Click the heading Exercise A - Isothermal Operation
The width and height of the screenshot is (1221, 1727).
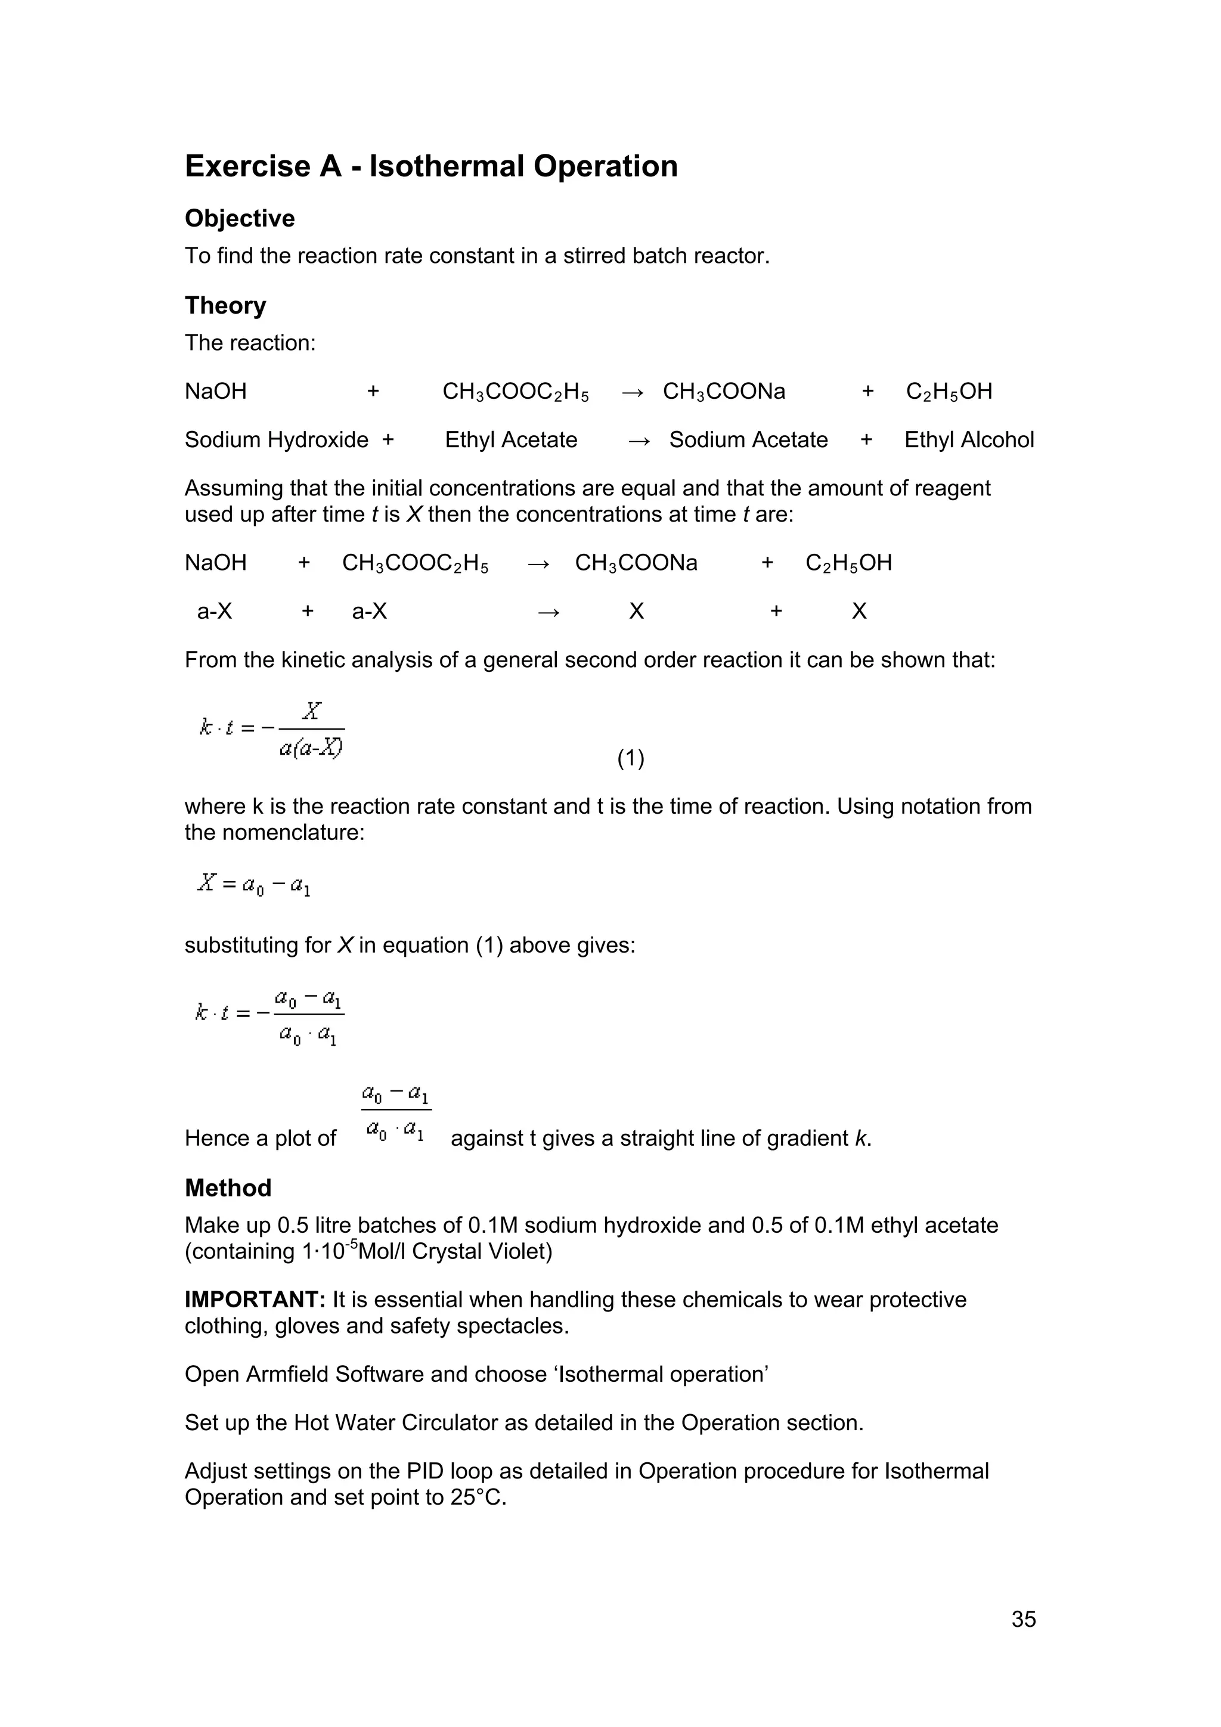coord(431,166)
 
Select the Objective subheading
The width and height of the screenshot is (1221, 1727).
coord(239,218)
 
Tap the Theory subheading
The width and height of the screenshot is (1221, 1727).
coord(225,305)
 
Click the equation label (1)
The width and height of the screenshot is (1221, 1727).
coord(630,758)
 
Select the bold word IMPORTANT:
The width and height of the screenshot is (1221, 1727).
coord(255,1300)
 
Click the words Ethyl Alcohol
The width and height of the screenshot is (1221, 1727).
coord(968,440)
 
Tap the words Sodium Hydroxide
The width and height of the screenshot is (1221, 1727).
coord(276,440)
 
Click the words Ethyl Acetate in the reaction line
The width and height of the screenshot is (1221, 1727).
coord(511,440)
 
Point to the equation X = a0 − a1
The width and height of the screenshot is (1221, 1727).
coord(253,884)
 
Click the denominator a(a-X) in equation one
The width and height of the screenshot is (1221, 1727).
coord(311,749)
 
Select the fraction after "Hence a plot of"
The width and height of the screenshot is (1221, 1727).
coord(396,1112)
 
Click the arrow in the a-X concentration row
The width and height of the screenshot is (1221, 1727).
coord(548,612)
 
